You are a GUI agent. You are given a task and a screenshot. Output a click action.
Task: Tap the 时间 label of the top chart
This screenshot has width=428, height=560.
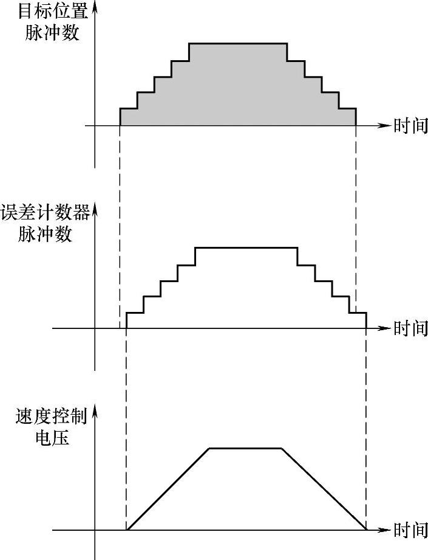pos(410,126)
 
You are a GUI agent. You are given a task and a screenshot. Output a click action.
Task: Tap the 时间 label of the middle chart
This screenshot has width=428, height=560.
pos(410,328)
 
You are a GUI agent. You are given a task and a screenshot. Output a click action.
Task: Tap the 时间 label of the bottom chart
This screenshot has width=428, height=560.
pos(410,530)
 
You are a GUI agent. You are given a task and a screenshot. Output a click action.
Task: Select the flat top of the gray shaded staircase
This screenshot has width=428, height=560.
pos(237,44)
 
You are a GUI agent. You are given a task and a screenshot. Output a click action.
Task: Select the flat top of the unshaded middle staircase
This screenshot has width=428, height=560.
pos(246,247)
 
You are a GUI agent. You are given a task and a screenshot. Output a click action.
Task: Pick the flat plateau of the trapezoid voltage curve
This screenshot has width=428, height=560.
pos(245,448)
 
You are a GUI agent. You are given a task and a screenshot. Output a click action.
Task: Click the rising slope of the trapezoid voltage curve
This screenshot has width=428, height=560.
pos(168,489)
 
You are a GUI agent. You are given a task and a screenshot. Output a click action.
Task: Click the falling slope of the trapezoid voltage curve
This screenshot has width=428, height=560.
pos(325,489)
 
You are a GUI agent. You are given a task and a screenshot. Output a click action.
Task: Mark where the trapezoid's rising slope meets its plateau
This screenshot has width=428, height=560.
pos(209,448)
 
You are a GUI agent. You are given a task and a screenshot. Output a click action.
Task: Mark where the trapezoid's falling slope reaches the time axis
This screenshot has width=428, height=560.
pos(367,530)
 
